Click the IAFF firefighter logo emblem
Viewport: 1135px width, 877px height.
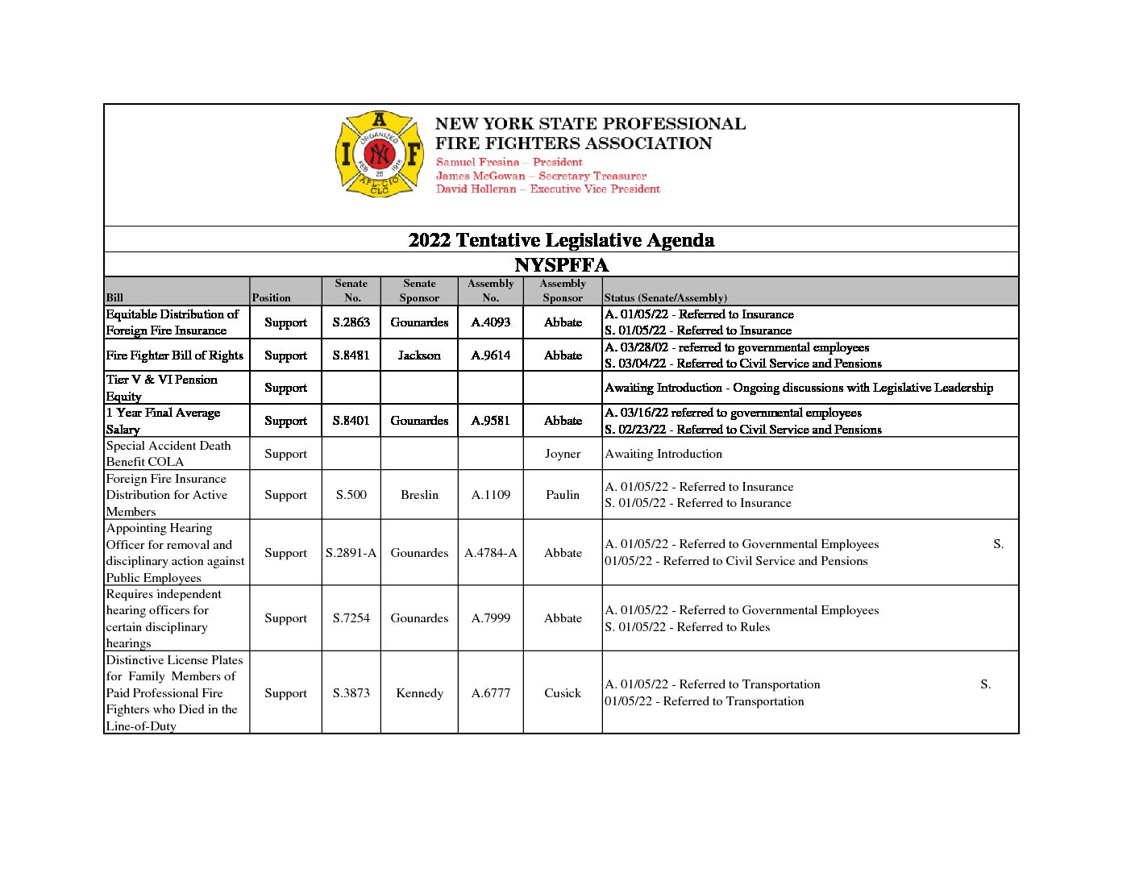click(380, 154)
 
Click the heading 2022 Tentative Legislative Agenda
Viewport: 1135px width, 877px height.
click(561, 240)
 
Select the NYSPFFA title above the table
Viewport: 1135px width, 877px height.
click(561, 265)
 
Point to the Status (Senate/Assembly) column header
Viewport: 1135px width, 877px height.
click(665, 297)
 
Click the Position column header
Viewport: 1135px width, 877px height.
click(271, 297)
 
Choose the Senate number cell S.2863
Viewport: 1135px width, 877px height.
click(351, 322)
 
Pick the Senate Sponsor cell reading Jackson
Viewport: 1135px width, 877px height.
click(419, 355)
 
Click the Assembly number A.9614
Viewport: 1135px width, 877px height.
click(490, 355)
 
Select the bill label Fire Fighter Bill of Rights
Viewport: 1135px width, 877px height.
click(175, 355)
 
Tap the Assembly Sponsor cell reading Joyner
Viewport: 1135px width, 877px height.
click(563, 454)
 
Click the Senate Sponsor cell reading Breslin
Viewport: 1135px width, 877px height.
click(419, 495)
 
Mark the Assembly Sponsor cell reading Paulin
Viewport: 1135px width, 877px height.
click(563, 495)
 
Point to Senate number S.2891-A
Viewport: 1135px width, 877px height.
click(351, 553)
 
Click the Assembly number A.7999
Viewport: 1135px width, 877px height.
click(490, 618)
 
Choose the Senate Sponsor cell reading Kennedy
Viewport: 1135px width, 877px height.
click(419, 693)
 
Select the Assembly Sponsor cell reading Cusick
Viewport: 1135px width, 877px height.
click(563, 693)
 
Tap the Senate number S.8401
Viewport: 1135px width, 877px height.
click(351, 421)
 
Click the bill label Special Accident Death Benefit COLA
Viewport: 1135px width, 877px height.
click(168, 454)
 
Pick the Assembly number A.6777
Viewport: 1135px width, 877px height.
click(490, 693)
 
